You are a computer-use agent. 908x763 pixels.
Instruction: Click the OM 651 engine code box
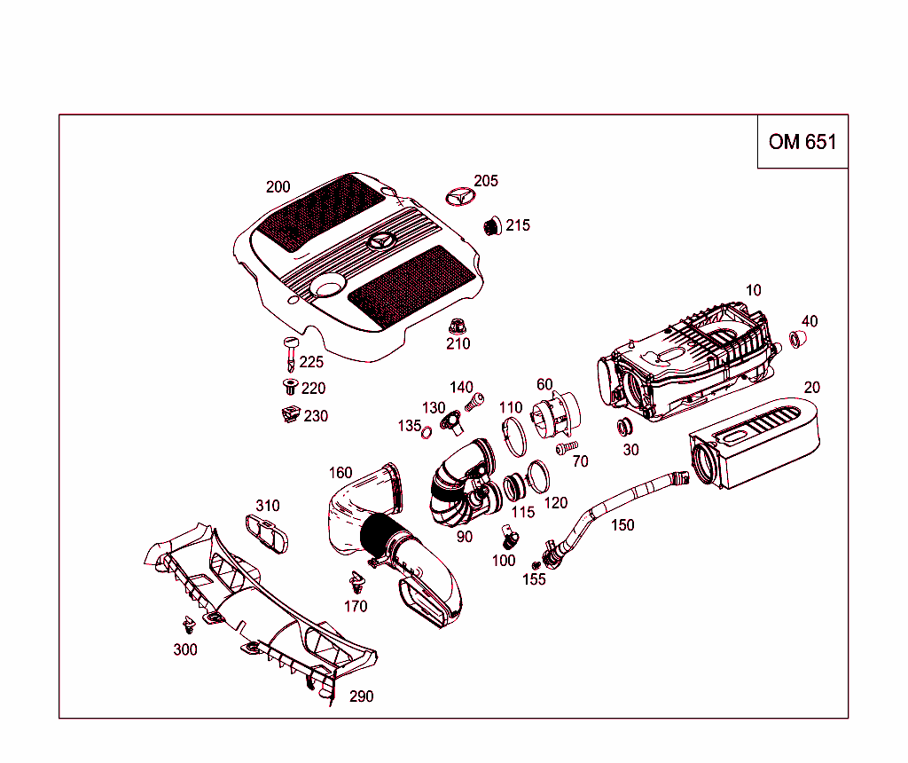[x=802, y=142]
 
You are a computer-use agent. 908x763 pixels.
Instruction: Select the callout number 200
[x=278, y=187]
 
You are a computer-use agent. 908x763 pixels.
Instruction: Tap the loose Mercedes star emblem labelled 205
[x=458, y=196]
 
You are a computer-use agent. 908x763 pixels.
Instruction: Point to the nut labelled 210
[x=458, y=325]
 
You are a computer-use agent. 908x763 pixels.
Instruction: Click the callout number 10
[x=753, y=290]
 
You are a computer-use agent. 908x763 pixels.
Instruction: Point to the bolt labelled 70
[x=565, y=449]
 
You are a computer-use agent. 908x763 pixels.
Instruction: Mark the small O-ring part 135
[x=427, y=432]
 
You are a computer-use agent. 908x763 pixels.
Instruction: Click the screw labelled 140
[x=474, y=402]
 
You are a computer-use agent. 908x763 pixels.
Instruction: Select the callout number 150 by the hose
[x=622, y=525]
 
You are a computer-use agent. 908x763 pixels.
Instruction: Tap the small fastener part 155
[x=536, y=564]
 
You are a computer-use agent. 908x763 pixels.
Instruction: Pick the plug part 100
[x=509, y=536]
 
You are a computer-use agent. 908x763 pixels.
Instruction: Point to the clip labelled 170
[x=356, y=584]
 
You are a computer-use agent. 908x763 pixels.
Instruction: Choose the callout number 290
[x=361, y=696]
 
